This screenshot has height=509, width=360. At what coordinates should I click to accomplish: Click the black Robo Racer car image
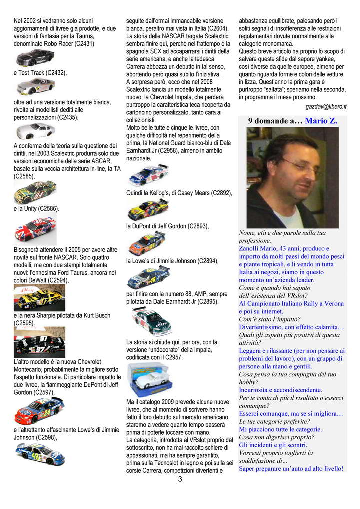click(x=35, y=58)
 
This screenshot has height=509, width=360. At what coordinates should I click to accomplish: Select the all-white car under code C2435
click(x=35, y=131)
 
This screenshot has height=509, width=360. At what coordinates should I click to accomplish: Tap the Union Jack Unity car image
click(x=35, y=229)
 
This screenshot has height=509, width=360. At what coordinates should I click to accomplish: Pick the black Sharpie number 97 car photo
click(x=39, y=342)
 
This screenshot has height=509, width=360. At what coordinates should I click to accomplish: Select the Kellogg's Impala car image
click(x=148, y=210)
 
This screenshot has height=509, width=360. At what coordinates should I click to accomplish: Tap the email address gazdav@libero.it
click(x=326, y=107)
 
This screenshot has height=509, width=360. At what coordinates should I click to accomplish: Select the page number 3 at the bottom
click(x=180, y=479)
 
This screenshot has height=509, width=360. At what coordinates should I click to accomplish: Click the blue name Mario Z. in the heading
click(x=321, y=121)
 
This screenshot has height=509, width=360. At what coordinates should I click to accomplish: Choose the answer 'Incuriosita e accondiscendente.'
click(x=281, y=390)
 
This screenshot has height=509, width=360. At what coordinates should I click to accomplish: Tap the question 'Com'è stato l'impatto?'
click(x=270, y=319)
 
